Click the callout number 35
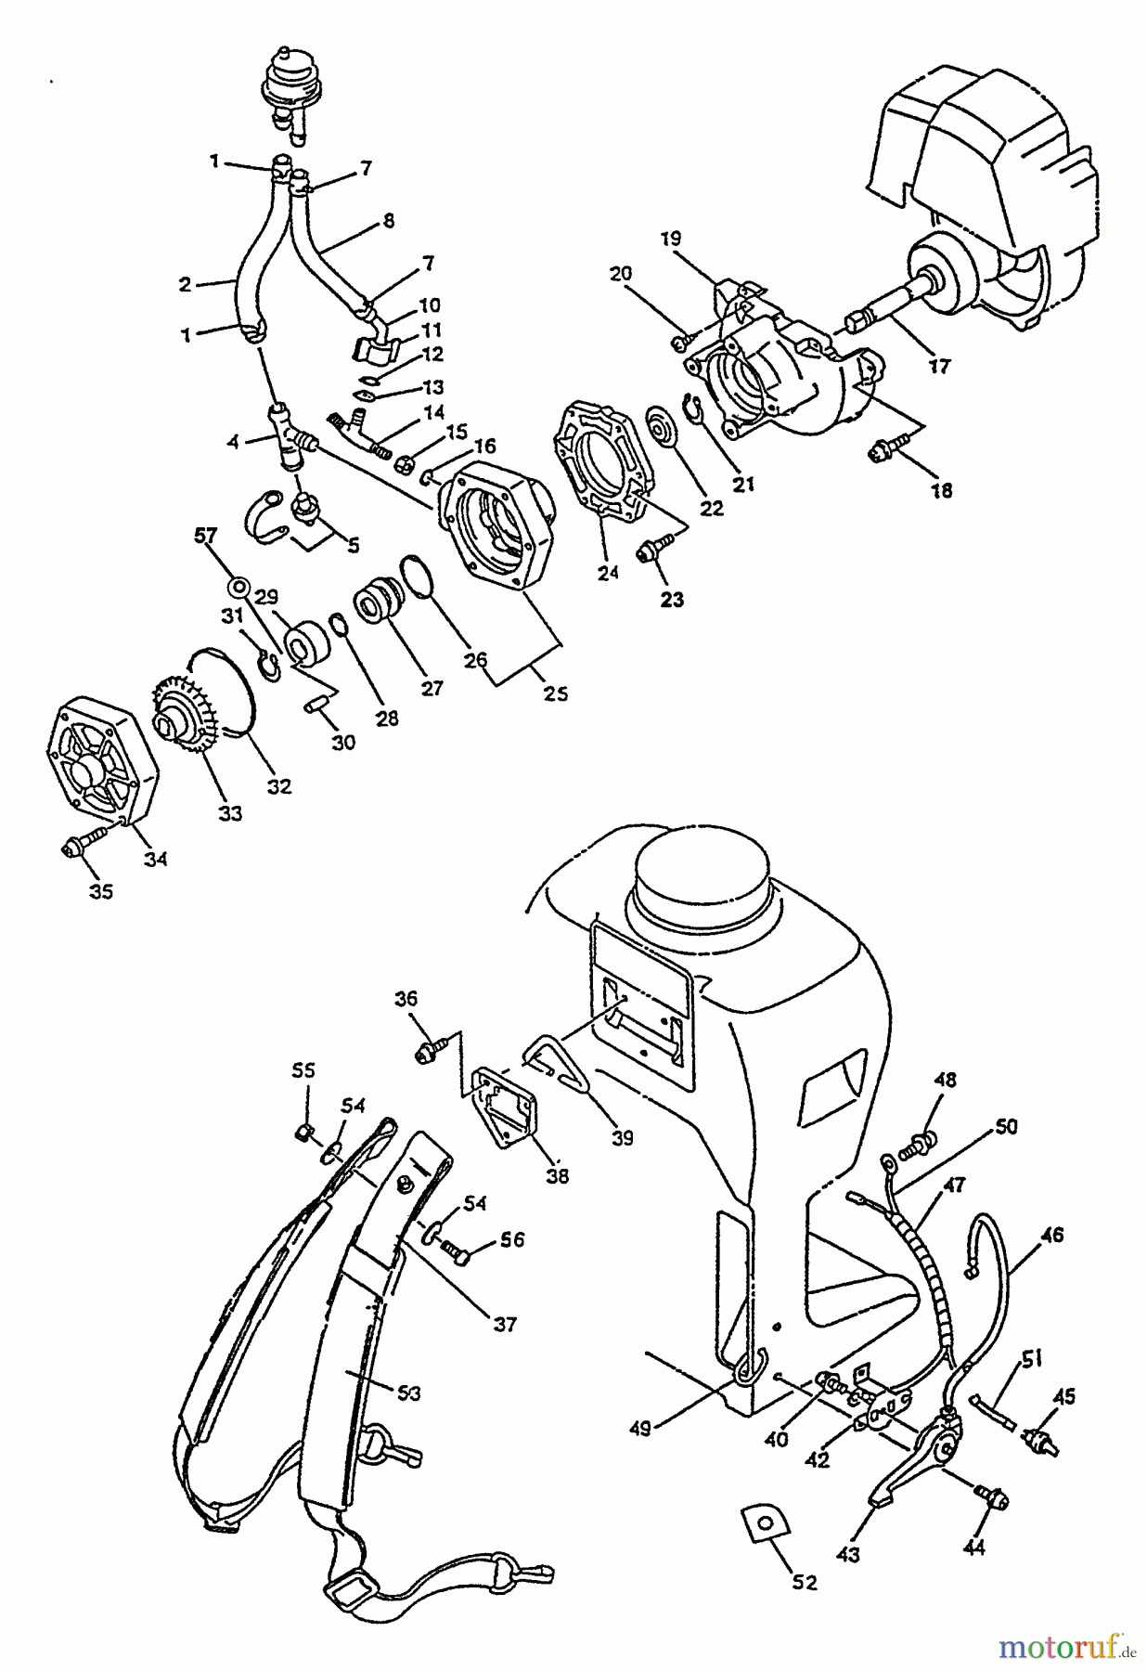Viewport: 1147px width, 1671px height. [x=100, y=891]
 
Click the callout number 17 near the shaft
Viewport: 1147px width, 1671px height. [x=940, y=366]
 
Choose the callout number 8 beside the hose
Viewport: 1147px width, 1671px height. [x=388, y=220]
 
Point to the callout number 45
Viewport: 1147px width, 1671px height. [x=1064, y=1394]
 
